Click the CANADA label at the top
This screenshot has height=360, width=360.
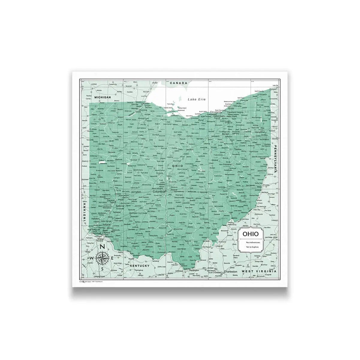coord(178,83)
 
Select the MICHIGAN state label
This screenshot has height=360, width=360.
coord(103,97)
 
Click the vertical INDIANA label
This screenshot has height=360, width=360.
coord(85,212)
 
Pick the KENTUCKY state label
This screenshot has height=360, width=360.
coord(139,266)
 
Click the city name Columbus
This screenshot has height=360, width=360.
coord(159,191)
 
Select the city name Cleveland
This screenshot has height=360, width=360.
coord(216,112)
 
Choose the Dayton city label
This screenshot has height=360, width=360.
coord(111,201)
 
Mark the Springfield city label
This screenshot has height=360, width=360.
coord(136,191)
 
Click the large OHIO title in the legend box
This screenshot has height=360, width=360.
coord(249,233)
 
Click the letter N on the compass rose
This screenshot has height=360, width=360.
coord(102,247)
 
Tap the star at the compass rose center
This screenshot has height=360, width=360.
coord(102,258)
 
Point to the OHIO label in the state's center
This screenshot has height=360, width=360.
coord(177,166)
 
